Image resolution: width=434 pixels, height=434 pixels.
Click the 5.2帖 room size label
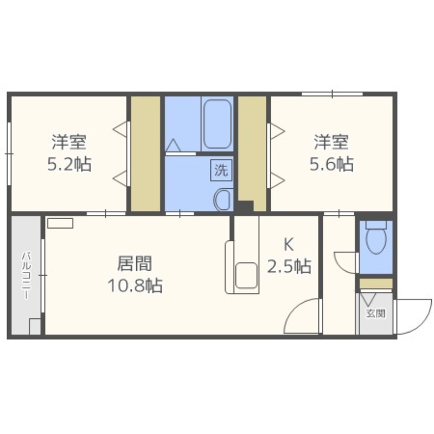point(69,164)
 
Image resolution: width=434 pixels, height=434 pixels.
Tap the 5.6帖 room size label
point(331,164)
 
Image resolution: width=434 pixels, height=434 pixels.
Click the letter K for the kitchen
point(289,245)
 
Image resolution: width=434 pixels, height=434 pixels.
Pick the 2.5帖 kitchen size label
point(289,266)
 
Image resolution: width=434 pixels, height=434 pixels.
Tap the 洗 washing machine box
point(220,170)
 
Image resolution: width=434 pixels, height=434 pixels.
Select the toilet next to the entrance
point(375,239)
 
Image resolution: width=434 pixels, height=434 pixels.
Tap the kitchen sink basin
point(247,274)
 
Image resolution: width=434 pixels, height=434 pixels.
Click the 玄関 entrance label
point(375,313)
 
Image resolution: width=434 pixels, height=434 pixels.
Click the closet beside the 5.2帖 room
point(145,154)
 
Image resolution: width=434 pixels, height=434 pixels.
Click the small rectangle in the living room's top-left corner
point(59,223)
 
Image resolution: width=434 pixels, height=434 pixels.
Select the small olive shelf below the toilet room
point(375,283)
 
